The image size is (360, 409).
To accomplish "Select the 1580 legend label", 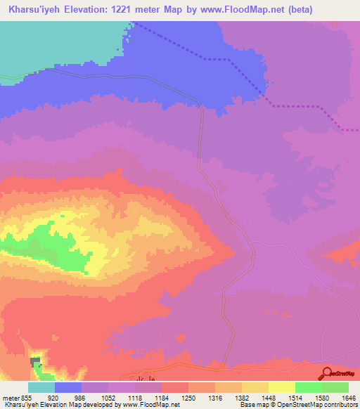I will tap(323, 397).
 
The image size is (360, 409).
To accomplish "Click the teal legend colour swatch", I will tap(41, 387).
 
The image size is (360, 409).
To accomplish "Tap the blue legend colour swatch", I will tap(68, 387).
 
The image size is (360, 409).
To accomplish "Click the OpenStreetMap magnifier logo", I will tap(326, 373).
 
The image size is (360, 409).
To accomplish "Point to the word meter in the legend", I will tap(10, 397).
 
